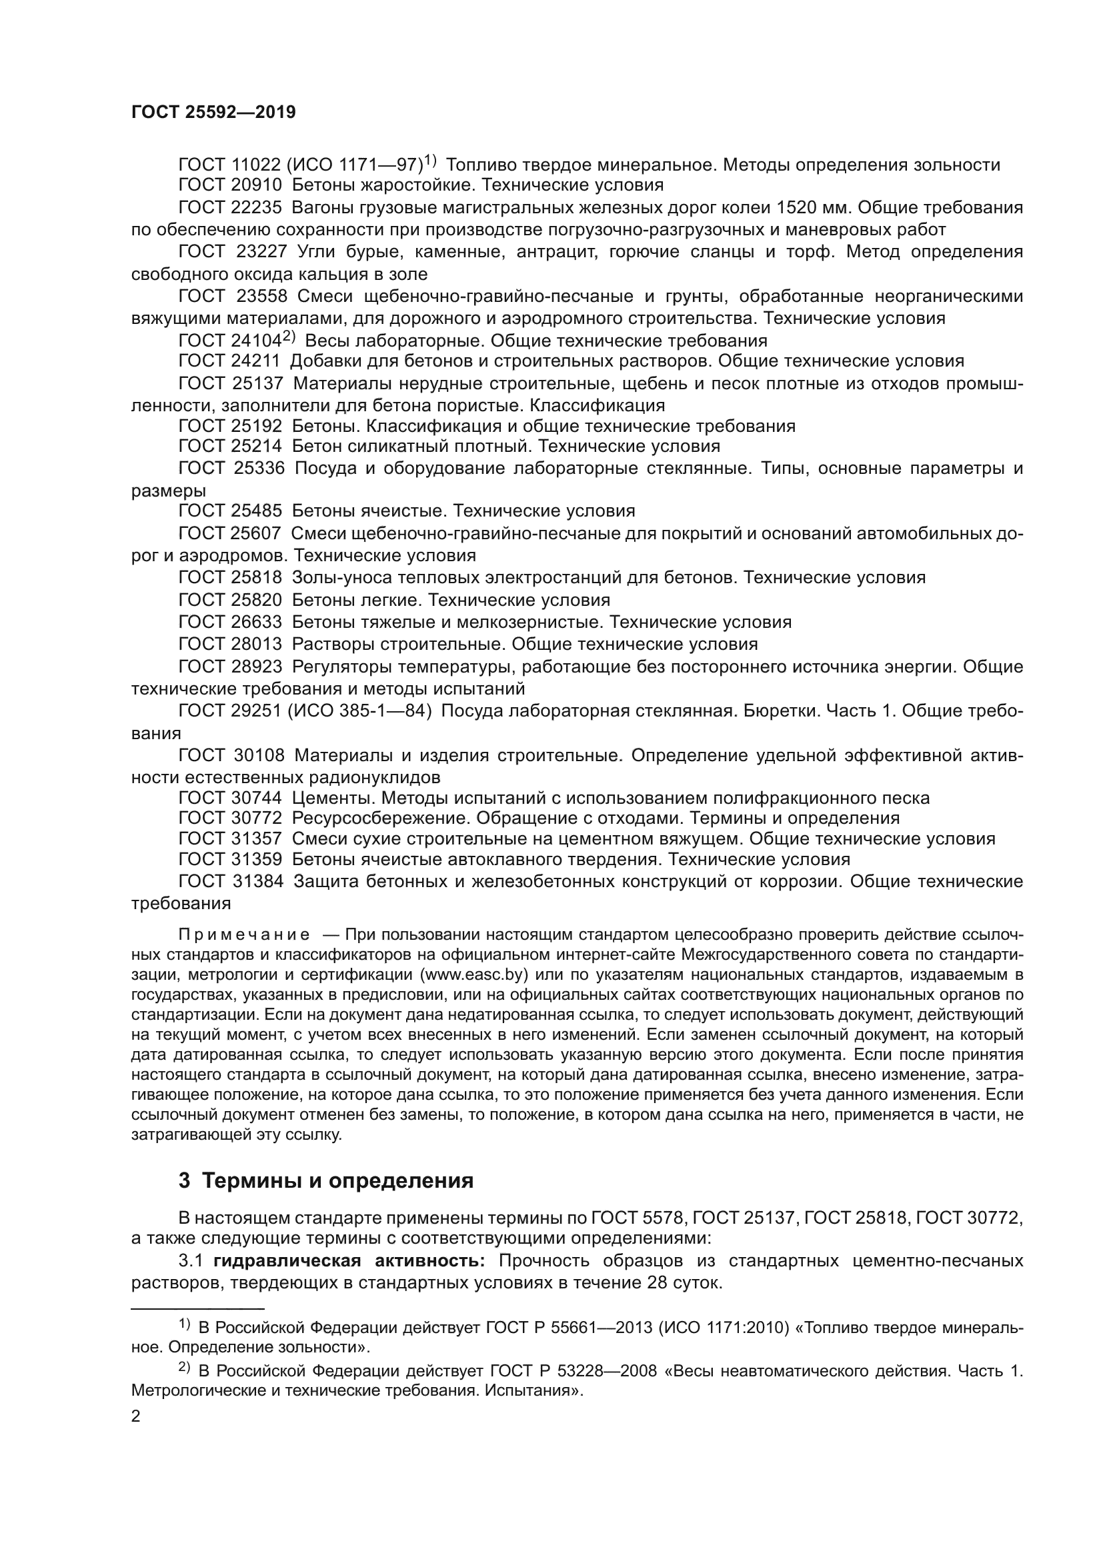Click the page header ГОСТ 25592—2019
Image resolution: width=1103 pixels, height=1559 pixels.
pos(213,113)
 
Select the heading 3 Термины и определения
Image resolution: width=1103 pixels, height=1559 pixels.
pos(326,1181)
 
